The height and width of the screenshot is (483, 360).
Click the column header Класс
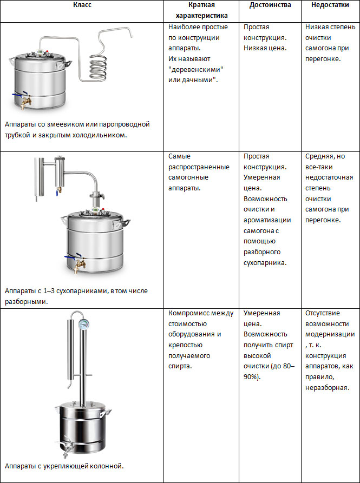pos(82,5)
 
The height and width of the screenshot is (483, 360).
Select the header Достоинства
pos(270,5)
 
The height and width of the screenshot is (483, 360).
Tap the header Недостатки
pos(330,5)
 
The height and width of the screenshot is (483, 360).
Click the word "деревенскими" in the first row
pos(196,69)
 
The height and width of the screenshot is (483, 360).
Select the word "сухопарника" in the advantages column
pos(267,263)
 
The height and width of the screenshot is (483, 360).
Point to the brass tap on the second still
pos(79,265)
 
